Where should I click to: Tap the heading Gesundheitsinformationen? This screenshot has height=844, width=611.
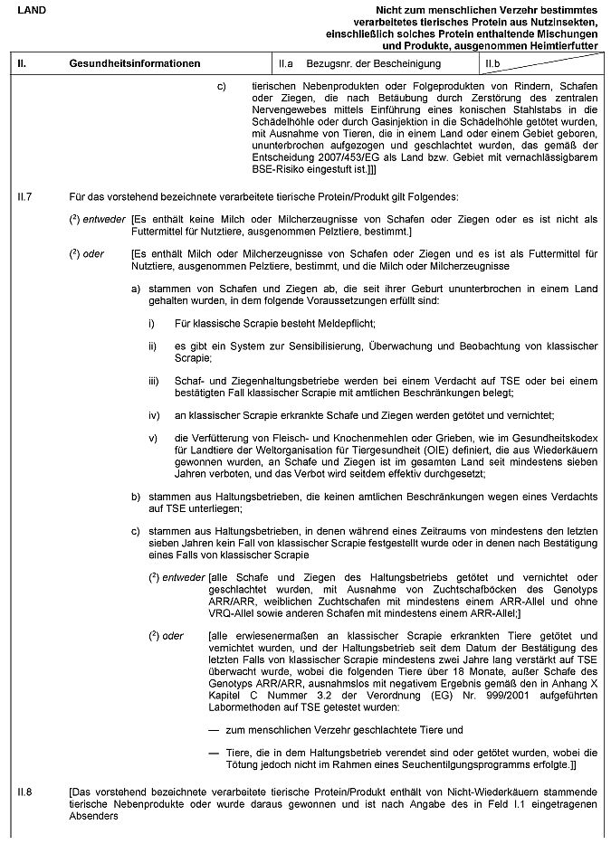click(135, 64)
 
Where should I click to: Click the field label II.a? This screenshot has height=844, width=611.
click(287, 64)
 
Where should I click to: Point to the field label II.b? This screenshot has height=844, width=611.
click(493, 64)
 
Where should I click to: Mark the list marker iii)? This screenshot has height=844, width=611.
click(155, 383)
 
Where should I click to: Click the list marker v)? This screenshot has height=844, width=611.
click(154, 439)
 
